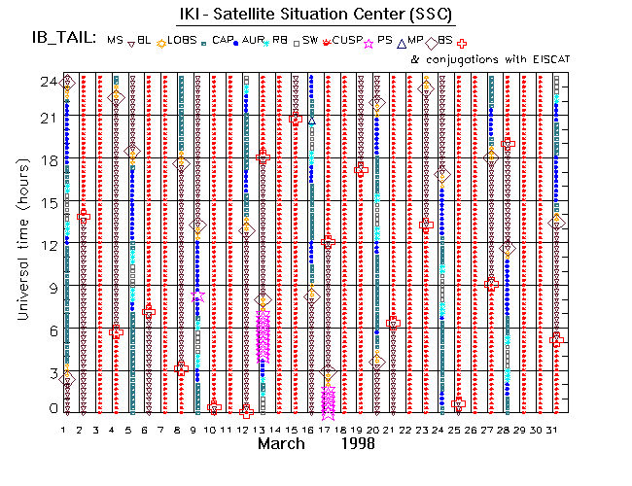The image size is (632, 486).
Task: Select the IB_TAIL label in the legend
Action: pos(63,39)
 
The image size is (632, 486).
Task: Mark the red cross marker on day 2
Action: pos(84,215)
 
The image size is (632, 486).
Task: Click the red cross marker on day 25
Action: pos(459,403)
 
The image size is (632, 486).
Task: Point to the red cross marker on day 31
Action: pos(556,340)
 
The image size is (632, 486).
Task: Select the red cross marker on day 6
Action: pos(148,311)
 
